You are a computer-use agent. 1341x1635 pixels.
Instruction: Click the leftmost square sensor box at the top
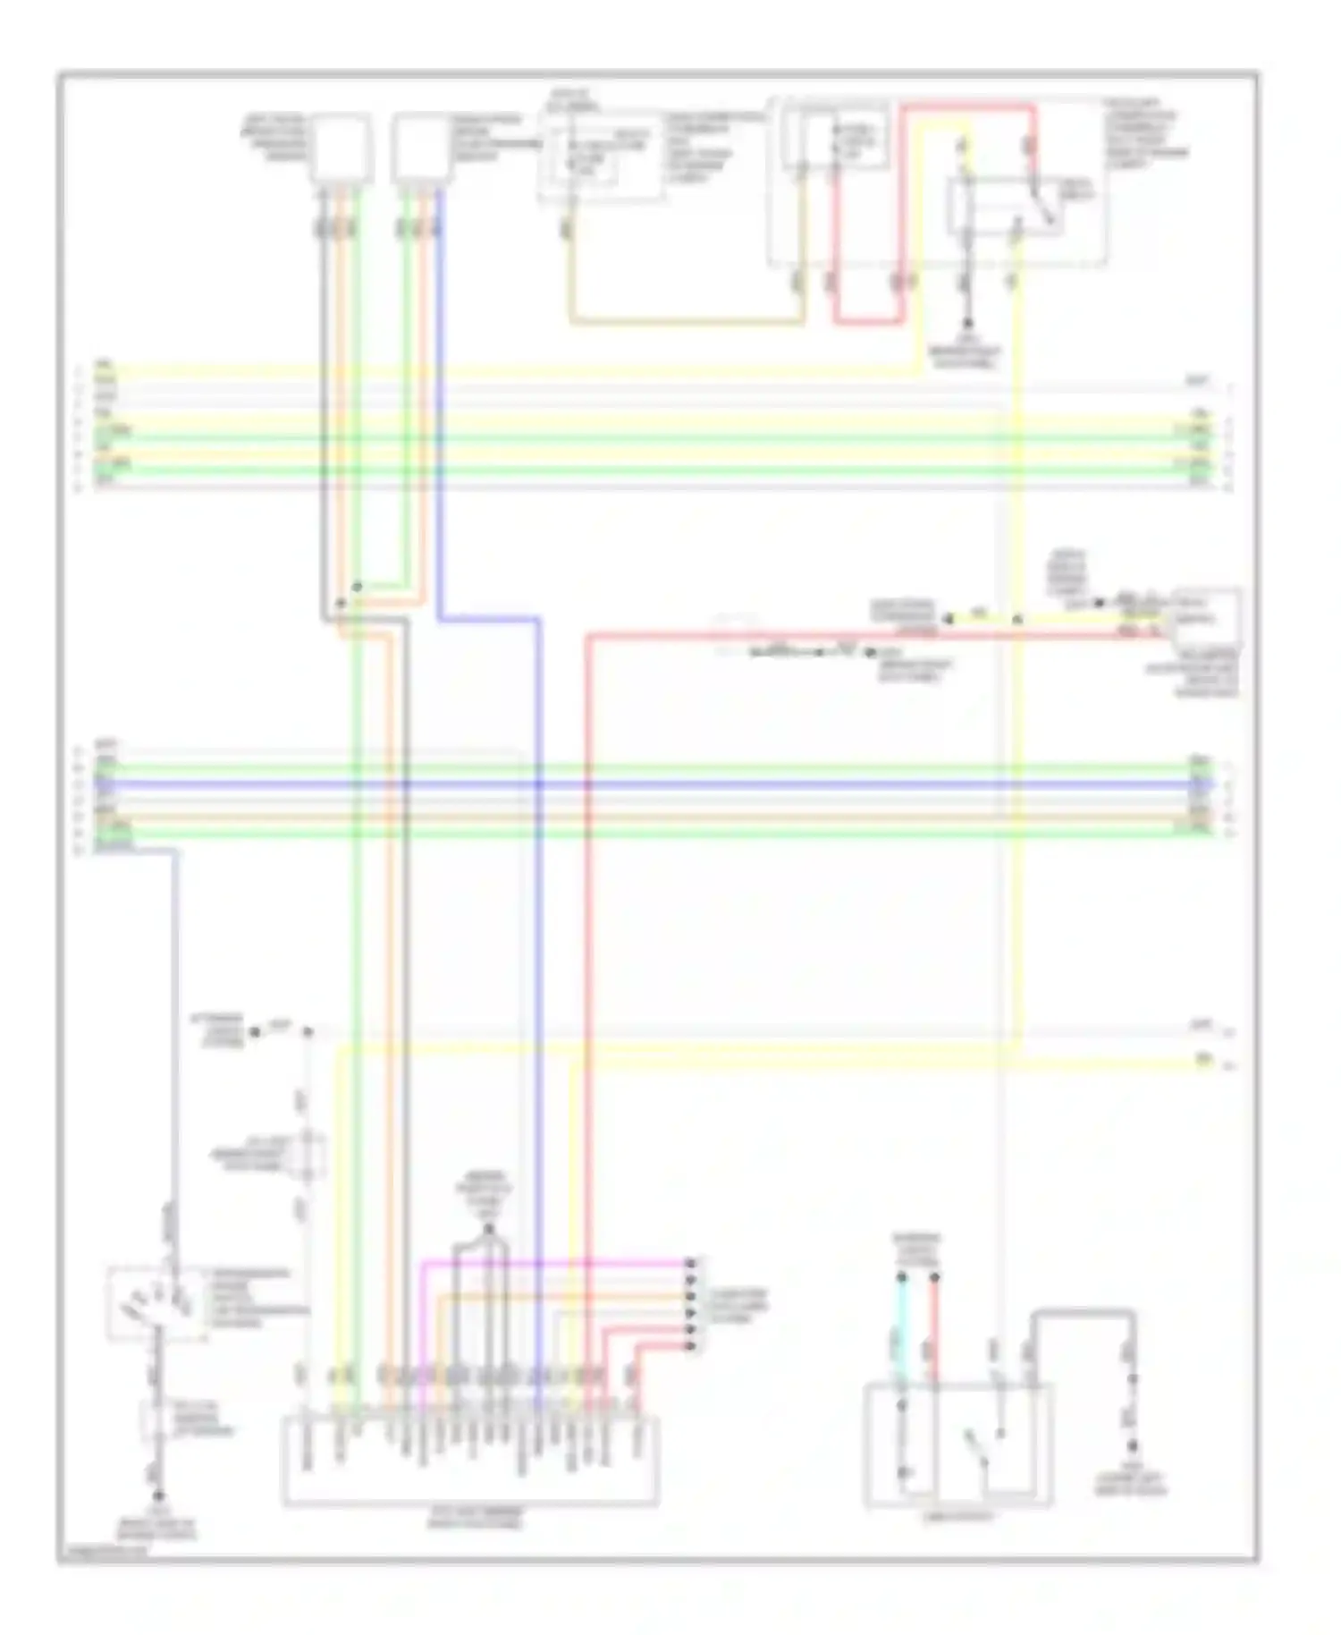tap(341, 148)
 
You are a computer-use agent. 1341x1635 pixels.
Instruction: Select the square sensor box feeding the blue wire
tap(421, 148)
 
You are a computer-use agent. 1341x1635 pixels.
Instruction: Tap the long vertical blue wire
tap(540, 984)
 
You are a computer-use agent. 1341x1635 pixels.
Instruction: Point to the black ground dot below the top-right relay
tap(966, 324)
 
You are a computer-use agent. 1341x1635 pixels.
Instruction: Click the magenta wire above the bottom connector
tap(554, 1263)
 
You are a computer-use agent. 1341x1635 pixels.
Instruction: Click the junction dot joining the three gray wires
tap(488, 1231)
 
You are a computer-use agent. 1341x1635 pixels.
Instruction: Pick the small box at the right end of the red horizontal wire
tap(1207, 617)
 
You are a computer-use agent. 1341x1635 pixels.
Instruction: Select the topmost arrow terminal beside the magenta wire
tap(689, 1263)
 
